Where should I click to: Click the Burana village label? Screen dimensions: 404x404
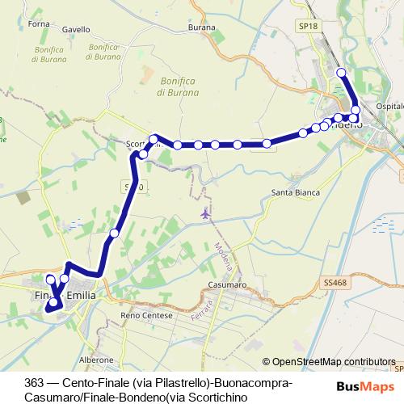(x=202, y=27)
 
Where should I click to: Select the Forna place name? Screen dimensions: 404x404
(x=38, y=23)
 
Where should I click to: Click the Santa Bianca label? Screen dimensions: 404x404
(x=295, y=193)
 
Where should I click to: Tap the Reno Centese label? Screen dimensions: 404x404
(x=146, y=315)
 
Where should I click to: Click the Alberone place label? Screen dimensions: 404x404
(x=96, y=359)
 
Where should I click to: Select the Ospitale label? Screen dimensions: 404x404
(x=390, y=107)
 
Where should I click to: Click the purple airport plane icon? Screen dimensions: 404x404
(x=204, y=215)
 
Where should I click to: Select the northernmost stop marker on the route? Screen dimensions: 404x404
(x=341, y=73)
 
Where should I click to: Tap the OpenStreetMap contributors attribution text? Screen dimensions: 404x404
(x=333, y=362)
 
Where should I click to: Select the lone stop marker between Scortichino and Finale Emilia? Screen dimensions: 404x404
(x=115, y=233)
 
